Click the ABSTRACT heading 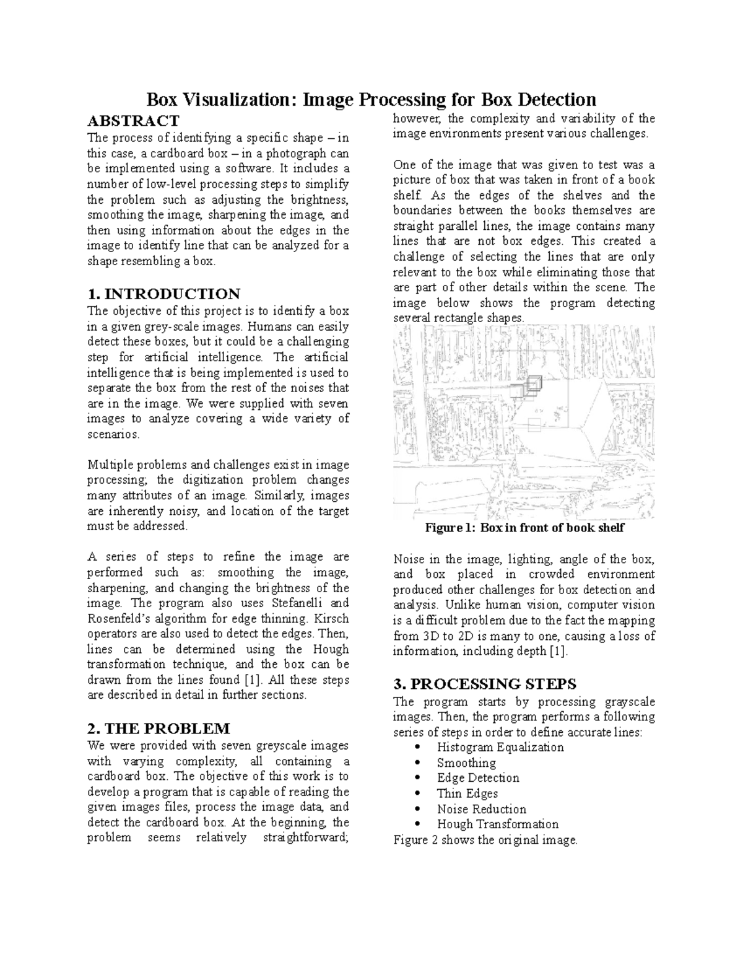133,120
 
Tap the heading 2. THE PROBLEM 159,728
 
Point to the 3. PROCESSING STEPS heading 485,684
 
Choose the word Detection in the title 557,100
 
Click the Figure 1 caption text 524,528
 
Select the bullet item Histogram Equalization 500,747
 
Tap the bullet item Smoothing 466,763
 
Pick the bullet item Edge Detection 477,778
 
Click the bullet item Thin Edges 467,794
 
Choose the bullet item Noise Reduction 481,809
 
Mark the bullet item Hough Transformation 497,824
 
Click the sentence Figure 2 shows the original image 485,841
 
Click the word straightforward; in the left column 306,837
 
